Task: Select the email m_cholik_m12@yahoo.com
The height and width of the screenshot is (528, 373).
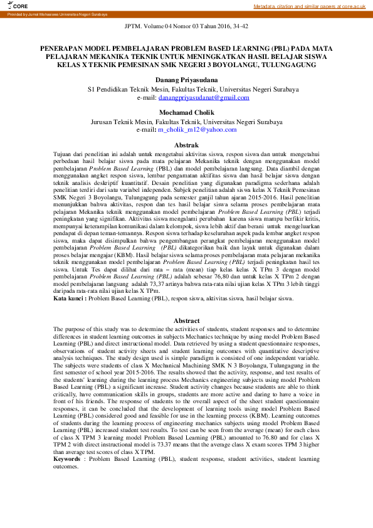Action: coord(197,129)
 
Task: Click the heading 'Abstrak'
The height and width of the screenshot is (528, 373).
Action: coord(186,145)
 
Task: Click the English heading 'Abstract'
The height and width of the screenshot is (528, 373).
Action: coord(186,320)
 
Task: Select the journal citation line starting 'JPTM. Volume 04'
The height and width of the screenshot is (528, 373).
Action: coord(186,27)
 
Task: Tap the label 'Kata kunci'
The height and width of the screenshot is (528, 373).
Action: coord(69,299)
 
